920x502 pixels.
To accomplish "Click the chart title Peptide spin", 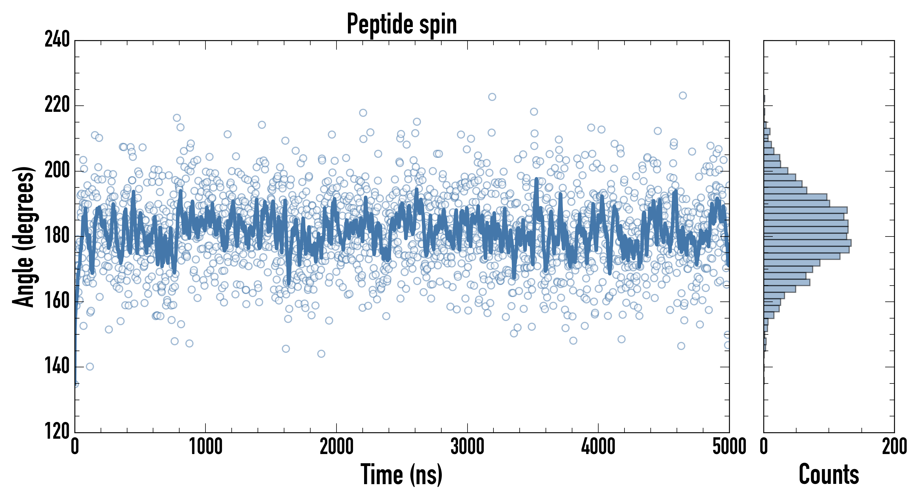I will click(402, 24).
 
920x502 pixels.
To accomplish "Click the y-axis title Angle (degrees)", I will click(24, 236).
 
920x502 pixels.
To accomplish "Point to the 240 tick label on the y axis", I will click(57, 40).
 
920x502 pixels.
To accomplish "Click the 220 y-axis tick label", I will click(57, 105).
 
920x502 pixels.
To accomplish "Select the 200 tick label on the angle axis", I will click(57, 171).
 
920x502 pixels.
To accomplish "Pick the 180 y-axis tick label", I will click(57, 236).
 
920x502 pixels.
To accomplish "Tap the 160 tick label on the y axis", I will click(57, 301).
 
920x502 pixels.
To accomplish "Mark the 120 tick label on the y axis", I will click(57, 432).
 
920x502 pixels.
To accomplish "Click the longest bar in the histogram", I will click(807, 243).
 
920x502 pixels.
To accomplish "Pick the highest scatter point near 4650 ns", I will click(682, 95).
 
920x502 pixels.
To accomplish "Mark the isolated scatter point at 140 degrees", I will click(90, 366).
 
